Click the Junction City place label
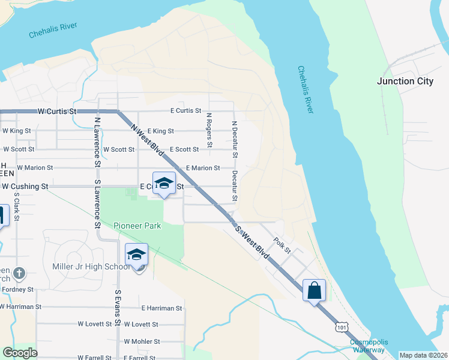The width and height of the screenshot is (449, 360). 405,81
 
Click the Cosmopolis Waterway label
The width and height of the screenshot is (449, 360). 367,346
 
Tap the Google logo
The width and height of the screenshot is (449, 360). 20,353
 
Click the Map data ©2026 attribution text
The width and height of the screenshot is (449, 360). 423,355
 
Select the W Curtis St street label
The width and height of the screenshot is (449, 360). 58,111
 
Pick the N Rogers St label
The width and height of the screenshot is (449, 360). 209,130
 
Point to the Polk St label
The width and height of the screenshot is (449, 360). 282,245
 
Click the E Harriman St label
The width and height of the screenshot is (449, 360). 161,308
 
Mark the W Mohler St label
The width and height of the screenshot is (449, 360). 142,341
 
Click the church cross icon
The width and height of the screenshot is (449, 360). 19,273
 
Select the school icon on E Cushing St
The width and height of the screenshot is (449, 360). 163,184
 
